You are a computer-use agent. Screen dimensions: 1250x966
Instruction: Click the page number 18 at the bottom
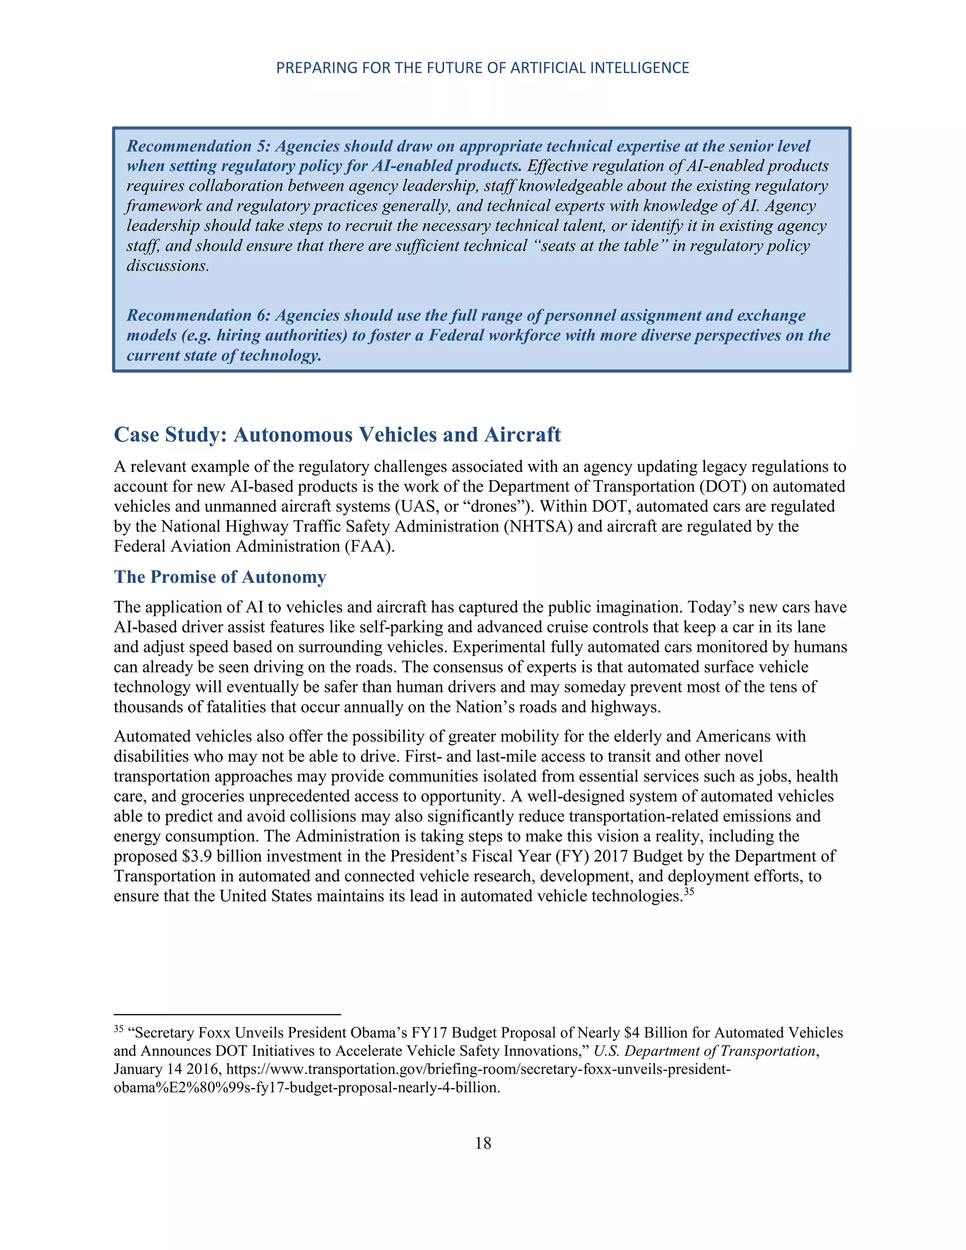click(x=483, y=1143)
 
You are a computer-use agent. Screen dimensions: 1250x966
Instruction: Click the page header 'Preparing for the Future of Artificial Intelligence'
click(x=483, y=68)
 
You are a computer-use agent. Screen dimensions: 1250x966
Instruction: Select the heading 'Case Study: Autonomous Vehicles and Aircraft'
click(x=337, y=434)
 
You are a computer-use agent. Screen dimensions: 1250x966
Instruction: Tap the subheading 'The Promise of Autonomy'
click(x=220, y=576)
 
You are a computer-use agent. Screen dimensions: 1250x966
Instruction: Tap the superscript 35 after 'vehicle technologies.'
click(x=689, y=891)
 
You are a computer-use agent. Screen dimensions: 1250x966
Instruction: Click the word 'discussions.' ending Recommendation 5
click(x=167, y=266)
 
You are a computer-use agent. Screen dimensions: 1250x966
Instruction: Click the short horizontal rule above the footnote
click(x=227, y=1014)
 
